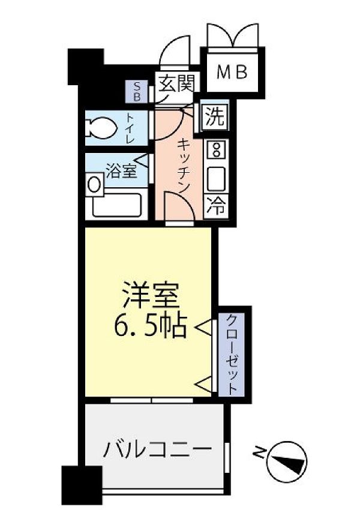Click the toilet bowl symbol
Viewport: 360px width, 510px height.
tap(101, 127)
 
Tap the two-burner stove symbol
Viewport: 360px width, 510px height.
tap(215, 148)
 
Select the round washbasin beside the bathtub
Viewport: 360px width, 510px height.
tap(94, 184)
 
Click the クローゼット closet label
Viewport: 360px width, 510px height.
tap(232, 353)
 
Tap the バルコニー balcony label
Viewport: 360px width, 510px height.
tap(157, 449)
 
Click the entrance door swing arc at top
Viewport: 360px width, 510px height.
tap(175, 51)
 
